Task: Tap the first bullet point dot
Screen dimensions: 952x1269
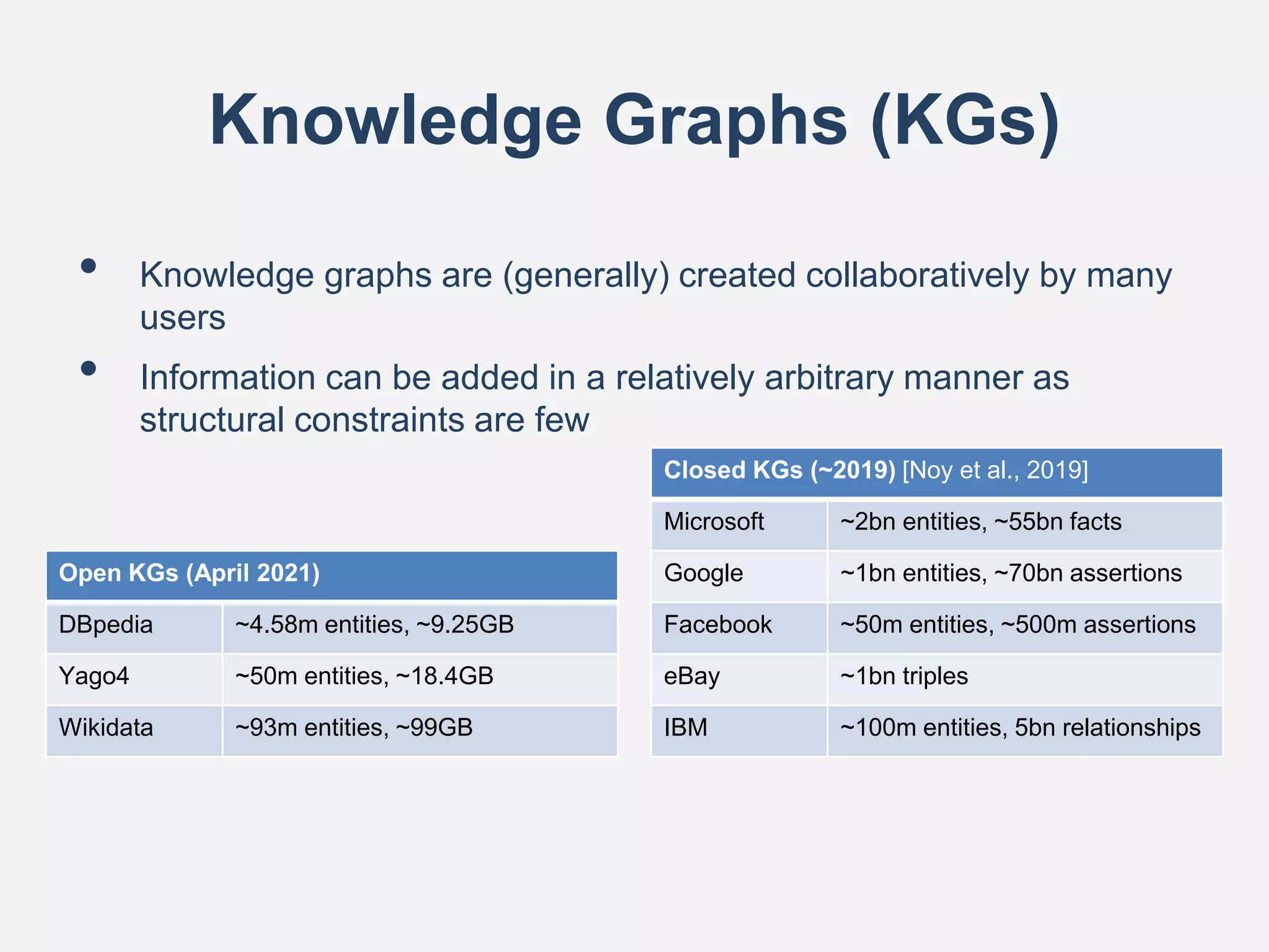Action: click(x=89, y=266)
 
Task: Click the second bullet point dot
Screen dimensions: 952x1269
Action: click(x=89, y=369)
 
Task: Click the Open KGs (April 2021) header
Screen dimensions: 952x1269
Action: click(x=189, y=573)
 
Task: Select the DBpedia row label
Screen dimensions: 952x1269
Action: click(x=106, y=625)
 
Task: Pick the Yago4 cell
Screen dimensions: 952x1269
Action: click(x=94, y=676)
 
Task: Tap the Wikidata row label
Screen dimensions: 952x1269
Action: click(x=106, y=728)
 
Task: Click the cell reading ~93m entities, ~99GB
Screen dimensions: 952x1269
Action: click(x=354, y=728)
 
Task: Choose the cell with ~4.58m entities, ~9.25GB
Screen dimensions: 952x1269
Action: click(x=374, y=625)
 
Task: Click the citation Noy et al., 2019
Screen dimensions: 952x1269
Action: click(x=995, y=470)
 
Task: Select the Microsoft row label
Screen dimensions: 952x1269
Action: click(x=714, y=522)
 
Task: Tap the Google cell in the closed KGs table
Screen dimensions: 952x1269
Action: click(x=703, y=573)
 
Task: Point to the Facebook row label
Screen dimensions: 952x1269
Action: click(x=718, y=625)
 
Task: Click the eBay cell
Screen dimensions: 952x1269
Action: click(x=692, y=676)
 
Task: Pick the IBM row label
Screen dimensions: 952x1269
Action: click(x=685, y=728)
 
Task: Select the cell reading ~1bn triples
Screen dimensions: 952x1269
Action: click(x=904, y=676)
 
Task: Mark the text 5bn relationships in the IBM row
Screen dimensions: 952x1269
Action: click(x=1107, y=728)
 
